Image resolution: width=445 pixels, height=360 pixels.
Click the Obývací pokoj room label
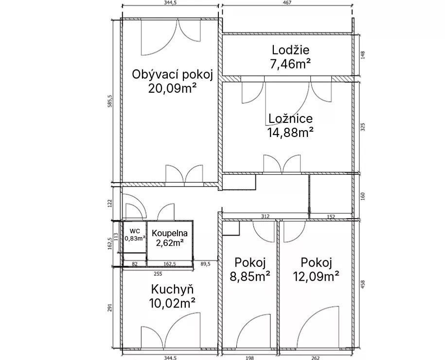(x=173, y=75)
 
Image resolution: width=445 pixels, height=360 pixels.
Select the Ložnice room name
(x=290, y=118)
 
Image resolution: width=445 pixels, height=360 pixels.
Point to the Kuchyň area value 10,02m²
(x=172, y=303)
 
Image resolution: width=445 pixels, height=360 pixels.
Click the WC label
(x=135, y=231)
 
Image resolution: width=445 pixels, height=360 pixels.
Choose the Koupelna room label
(x=170, y=233)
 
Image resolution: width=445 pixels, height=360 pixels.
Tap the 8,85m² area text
(x=250, y=276)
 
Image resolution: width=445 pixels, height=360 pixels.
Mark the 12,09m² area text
(x=316, y=276)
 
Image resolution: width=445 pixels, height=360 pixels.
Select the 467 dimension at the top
(x=287, y=2)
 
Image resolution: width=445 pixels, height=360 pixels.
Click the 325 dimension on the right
(x=363, y=127)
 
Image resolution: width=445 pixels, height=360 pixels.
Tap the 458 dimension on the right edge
(x=363, y=284)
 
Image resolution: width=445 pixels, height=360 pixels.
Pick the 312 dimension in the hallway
(x=265, y=216)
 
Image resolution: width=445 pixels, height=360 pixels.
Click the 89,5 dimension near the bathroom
(x=205, y=264)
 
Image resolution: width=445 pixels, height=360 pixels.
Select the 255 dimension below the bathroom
(x=158, y=274)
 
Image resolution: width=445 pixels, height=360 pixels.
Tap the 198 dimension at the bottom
(x=249, y=358)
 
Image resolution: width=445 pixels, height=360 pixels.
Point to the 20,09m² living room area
(x=172, y=88)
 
